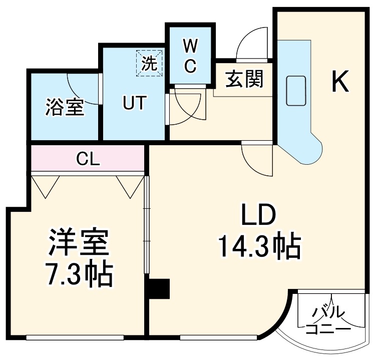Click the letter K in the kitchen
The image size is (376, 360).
coord(340,81)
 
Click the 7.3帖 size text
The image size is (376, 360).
coord(79,273)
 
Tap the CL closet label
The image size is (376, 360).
coord(88,159)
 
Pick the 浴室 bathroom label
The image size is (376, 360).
coord(65,107)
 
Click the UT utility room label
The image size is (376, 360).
coord(134,104)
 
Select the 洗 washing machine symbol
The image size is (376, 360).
coord(150,64)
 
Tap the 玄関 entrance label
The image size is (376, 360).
coord(244,79)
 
